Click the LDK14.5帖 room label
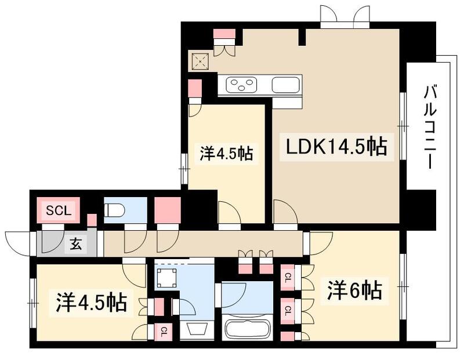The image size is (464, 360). [335, 147]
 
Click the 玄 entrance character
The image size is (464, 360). [76, 244]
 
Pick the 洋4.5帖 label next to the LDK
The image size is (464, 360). [226, 154]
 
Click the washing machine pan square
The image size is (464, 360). [167, 278]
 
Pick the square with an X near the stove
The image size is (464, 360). [201, 60]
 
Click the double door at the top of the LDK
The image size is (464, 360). [345, 16]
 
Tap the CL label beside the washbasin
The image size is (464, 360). [164, 332]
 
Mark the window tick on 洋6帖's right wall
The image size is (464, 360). [401, 286]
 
